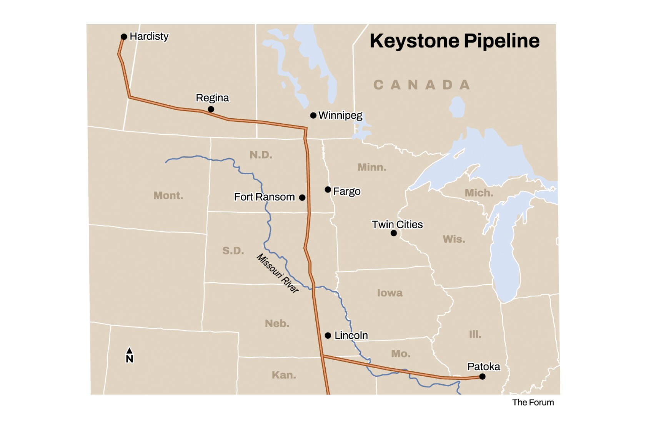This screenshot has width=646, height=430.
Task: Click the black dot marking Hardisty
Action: point(124,37)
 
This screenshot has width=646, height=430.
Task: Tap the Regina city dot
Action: point(211,109)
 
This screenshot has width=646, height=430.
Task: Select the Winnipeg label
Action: point(340,115)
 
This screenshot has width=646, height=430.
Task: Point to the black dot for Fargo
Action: point(328,190)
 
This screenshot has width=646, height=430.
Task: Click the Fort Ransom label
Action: point(264,197)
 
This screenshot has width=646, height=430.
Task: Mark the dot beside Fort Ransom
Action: point(302,198)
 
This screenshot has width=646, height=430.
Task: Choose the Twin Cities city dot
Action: point(393,233)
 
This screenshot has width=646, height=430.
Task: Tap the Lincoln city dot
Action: point(328,336)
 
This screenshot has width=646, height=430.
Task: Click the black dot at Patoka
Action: point(482,377)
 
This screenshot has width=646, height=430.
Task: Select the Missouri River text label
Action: point(278,273)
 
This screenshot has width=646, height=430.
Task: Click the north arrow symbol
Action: point(130,355)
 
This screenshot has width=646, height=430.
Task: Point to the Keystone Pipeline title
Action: point(455,41)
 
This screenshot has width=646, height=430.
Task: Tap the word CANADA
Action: point(421,85)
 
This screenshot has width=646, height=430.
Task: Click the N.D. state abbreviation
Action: point(261,155)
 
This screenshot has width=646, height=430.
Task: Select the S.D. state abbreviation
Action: point(233,251)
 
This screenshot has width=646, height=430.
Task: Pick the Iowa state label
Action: point(390,293)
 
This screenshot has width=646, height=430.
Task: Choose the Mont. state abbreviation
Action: point(168,195)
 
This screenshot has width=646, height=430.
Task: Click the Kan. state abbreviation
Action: point(284,375)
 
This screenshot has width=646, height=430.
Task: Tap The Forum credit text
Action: point(533,402)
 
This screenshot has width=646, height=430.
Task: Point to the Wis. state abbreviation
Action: point(454,239)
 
